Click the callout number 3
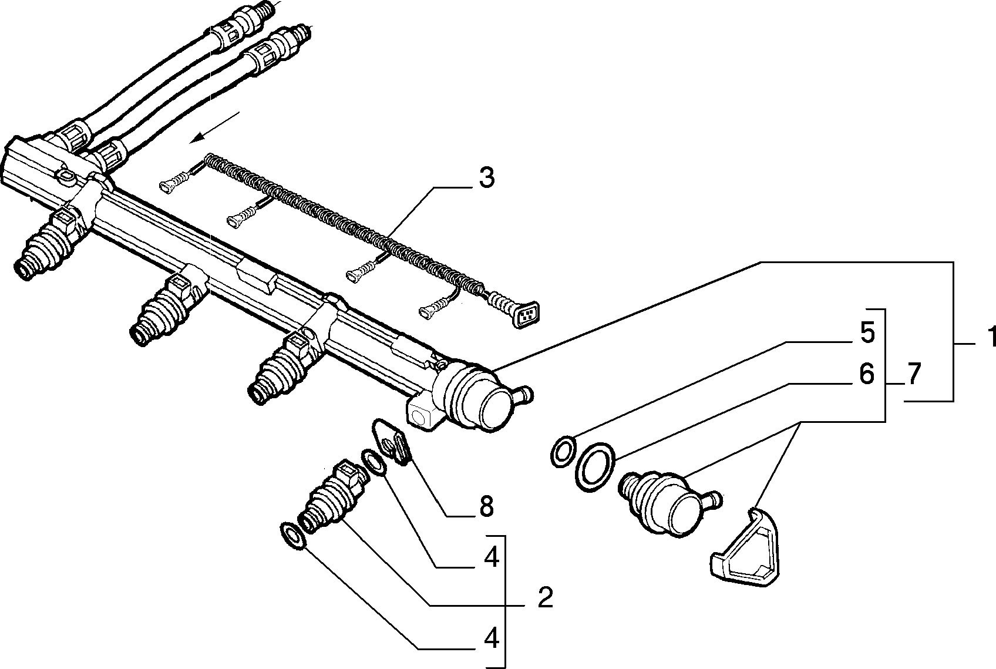(486, 179)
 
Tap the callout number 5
(867, 333)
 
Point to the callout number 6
(867, 374)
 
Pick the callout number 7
(913, 375)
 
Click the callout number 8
(486, 507)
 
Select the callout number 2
(545, 598)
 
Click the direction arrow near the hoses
(214, 127)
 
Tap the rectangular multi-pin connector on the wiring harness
(526, 315)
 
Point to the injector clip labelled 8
(392, 441)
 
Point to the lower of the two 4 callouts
(491, 639)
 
